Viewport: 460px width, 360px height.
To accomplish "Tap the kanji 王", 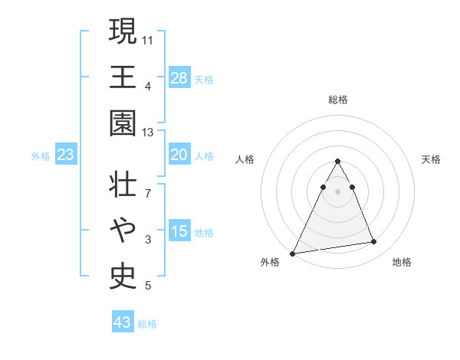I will tap(123, 77).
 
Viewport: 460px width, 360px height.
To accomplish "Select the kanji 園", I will tap(123, 123).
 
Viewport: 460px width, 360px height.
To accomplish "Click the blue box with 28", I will tap(179, 77).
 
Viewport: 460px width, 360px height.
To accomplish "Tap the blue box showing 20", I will tap(179, 155).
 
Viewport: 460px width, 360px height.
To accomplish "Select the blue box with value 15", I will tap(179, 232).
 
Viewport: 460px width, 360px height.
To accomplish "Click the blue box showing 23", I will tap(66, 155).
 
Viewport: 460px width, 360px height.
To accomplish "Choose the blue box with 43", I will tap(123, 322).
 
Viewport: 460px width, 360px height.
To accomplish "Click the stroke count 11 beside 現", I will tap(148, 39).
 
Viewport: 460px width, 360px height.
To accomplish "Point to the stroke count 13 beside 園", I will tap(148, 132).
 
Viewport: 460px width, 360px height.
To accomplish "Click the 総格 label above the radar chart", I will tap(338, 100).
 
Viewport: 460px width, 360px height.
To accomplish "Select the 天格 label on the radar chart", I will tap(432, 159).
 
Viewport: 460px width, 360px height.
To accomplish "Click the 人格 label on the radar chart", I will tap(245, 159).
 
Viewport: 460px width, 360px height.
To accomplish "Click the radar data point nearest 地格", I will tap(374, 242).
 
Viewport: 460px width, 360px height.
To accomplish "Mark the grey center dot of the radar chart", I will tap(338, 191).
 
